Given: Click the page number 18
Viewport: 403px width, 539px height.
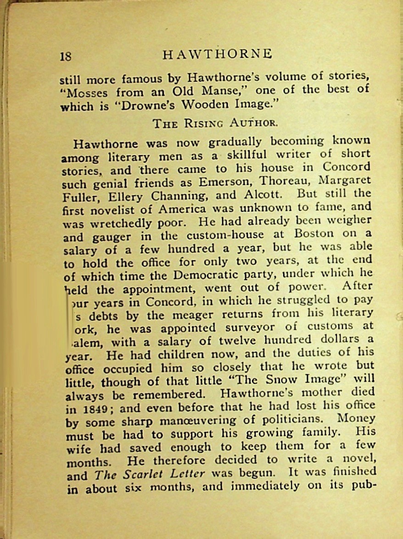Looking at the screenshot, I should point(66,56).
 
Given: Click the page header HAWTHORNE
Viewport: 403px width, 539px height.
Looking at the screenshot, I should point(218,54).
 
